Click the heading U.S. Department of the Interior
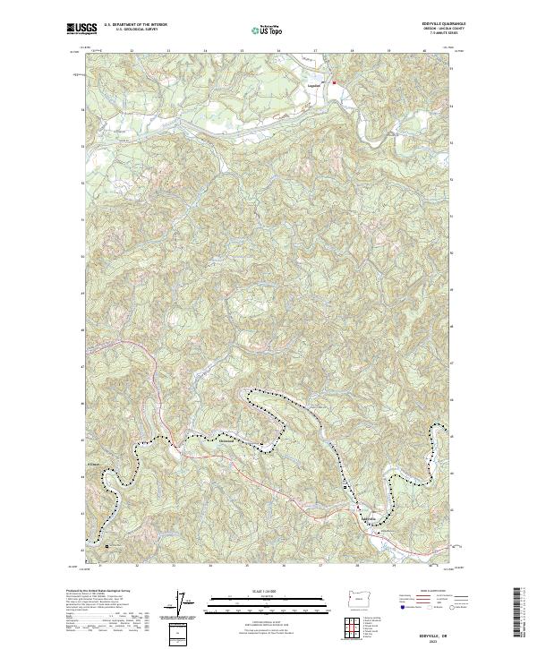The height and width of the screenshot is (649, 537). tap(135, 24)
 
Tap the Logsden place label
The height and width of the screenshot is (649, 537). tap(313, 86)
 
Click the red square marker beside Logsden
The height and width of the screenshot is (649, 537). tap(335, 83)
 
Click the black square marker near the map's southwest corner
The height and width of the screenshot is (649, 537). tap(107, 544)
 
